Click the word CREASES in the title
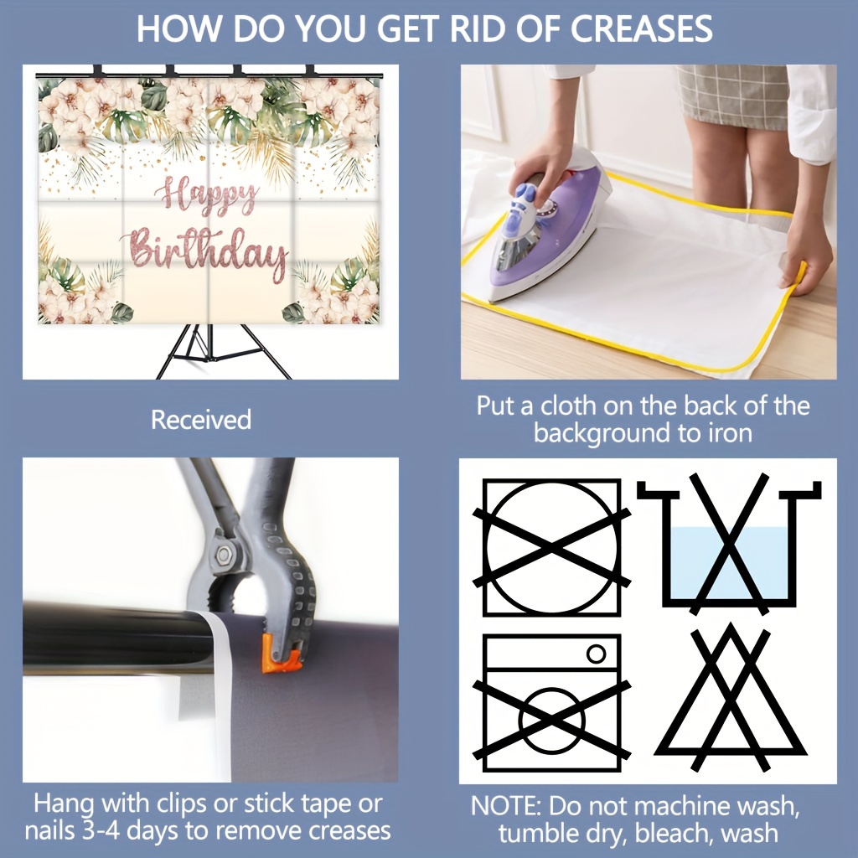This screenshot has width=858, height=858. tap(641, 28)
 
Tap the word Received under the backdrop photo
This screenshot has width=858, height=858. tap(201, 420)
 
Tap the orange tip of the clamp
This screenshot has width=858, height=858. tap(282, 654)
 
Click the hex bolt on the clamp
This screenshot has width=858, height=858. tap(224, 555)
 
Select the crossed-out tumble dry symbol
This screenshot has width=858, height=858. tap(551, 548)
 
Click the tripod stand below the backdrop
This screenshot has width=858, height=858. tap(225, 351)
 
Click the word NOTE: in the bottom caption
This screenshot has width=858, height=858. tap(505, 806)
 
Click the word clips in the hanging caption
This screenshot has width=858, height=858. tap(183, 804)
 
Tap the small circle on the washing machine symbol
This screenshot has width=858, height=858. tap(596, 654)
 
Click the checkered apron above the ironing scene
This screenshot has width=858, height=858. tap(732, 96)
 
